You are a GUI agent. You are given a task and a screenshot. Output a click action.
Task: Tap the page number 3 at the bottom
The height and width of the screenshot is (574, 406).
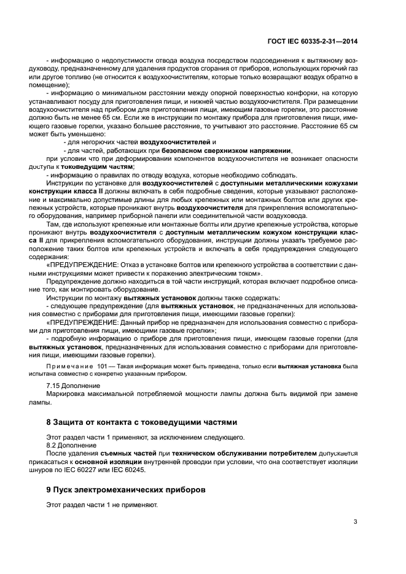tap(355, 522)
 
